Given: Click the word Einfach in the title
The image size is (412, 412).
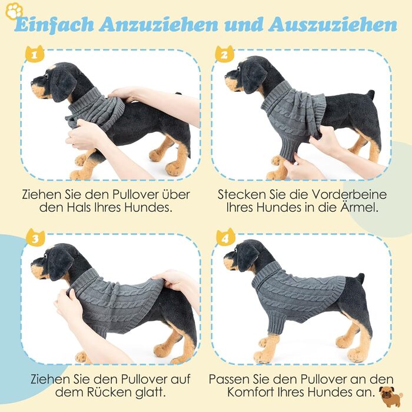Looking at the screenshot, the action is pyautogui.click(x=54, y=25).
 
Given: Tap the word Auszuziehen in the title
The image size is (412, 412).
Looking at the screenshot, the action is pyautogui.click(x=333, y=25).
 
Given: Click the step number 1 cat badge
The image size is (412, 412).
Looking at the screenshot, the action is pyautogui.click(x=35, y=54).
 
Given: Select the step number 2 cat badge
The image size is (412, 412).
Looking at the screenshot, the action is pyautogui.click(x=224, y=54).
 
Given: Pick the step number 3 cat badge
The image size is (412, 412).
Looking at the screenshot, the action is pyautogui.click(x=35, y=238).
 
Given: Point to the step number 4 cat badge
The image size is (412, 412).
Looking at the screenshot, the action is pyautogui.click(x=225, y=238).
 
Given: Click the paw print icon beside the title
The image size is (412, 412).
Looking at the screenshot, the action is pyautogui.click(x=14, y=11).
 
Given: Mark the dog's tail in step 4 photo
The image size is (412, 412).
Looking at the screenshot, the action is pyautogui.click(x=360, y=278).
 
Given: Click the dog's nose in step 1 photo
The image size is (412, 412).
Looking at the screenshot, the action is pyautogui.click(x=33, y=83).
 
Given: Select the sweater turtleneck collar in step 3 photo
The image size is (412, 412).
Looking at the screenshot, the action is pyautogui.click(x=81, y=280).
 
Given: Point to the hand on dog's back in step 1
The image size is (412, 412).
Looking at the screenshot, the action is pyautogui.click(x=124, y=94).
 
